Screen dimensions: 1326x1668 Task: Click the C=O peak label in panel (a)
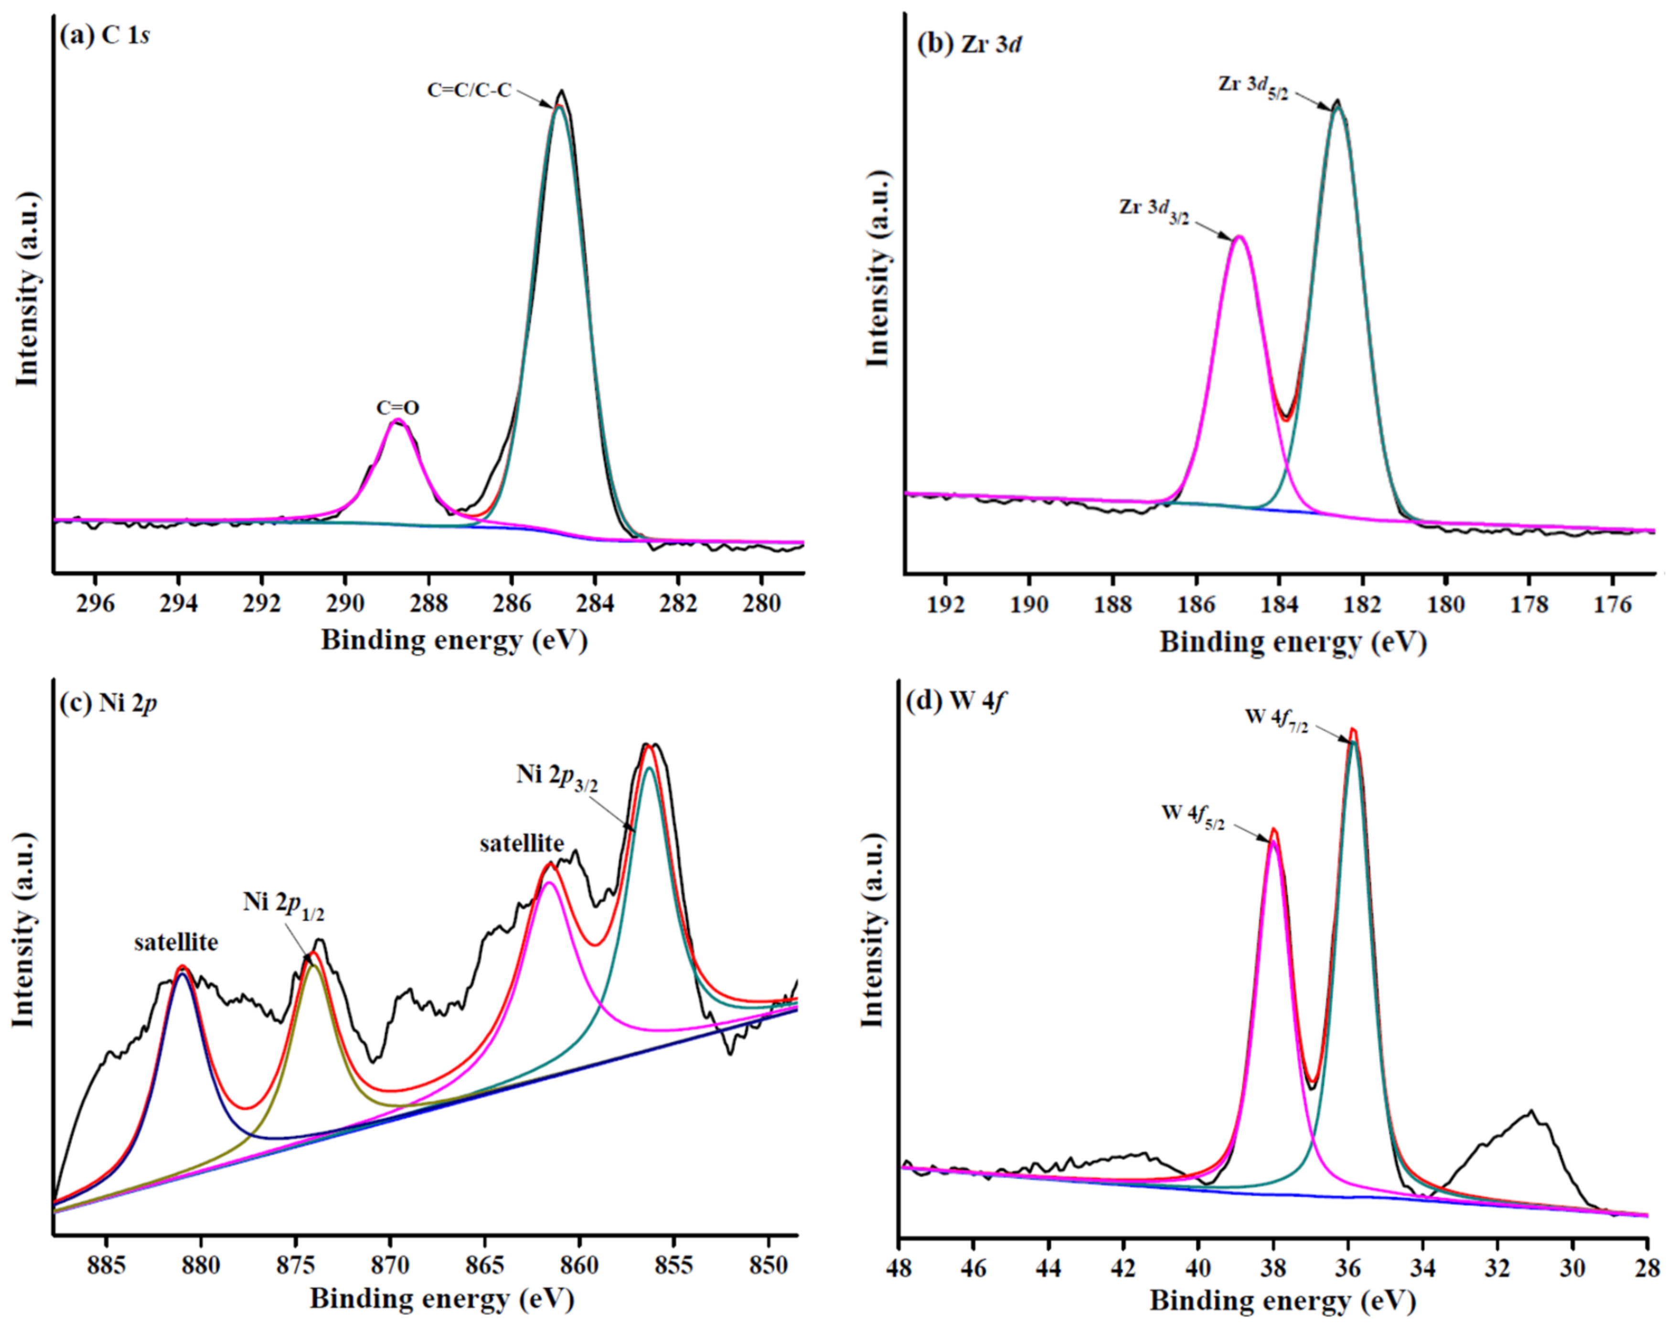(x=398, y=408)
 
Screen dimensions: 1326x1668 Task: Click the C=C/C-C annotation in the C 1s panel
(x=469, y=90)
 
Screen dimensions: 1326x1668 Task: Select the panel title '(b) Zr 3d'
(x=969, y=43)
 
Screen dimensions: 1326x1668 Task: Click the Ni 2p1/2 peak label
(x=283, y=904)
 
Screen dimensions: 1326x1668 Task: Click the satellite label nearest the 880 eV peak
(x=176, y=942)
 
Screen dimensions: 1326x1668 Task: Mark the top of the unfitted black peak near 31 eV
(x=1530, y=1112)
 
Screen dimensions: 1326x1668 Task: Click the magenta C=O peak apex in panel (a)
(x=397, y=420)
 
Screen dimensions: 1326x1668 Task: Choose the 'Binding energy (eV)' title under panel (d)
(x=1282, y=1301)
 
